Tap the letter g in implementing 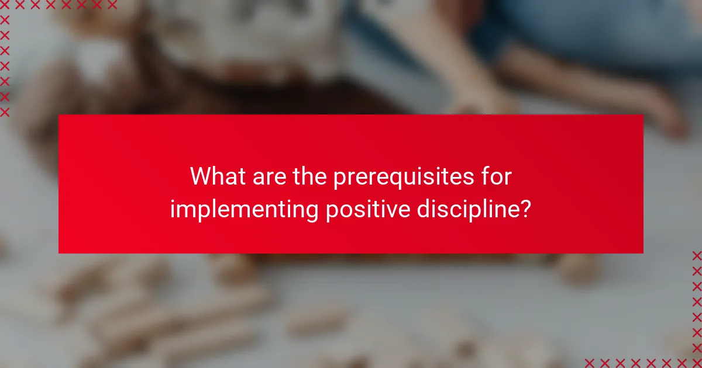click(312, 213)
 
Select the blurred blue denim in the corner click(614, 35)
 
